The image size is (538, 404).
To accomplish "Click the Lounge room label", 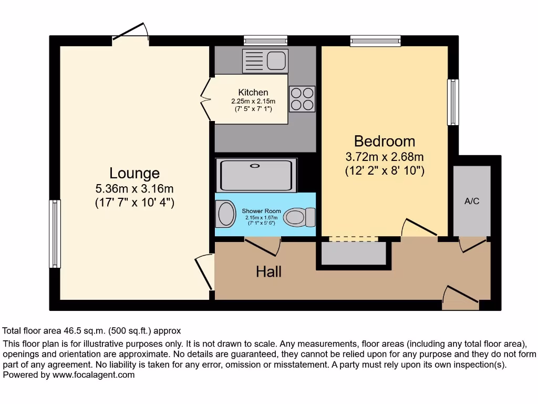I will tap(134, 173).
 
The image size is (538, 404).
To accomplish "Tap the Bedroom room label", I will tap(384, 141).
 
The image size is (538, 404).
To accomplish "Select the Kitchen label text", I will tap(253, 93).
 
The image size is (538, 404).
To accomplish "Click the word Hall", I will tap(268, 271).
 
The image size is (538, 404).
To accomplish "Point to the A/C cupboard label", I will tap(472, 201).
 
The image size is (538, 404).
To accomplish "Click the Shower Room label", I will tap(261, 211).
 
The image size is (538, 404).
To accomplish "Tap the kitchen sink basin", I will tap(277, 60).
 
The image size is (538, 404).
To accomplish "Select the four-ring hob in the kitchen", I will tap(302, 99).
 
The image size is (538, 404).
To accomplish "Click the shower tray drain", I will tap(255, 166).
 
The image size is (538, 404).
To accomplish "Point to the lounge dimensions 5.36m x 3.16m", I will tap(134, 188).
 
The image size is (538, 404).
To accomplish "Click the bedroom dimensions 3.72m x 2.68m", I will tap(384, 157).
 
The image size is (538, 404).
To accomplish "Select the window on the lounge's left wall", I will tap(54, 234).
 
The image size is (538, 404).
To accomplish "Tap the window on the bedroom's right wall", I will tap(452, 102).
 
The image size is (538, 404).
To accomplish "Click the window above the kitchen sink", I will tap(265, 39).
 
